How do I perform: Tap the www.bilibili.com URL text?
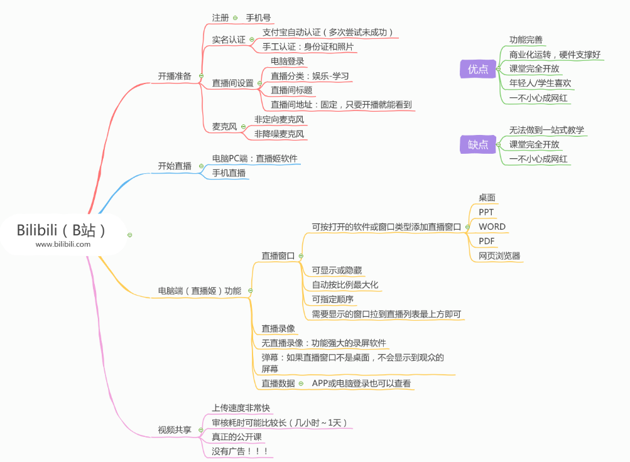(63, 244)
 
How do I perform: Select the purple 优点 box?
(478, 69)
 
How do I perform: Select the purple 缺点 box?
(478, 144)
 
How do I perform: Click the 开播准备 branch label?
(175, 76)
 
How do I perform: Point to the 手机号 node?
(258, 18)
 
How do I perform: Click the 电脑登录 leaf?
(288, 61)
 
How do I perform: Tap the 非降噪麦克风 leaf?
(279, 134)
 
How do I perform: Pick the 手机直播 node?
(229, 173)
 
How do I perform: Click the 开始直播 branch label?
(175, 166)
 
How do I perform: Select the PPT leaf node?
(486, 212)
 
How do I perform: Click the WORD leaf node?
(492, 227)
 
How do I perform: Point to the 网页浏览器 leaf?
(499, 256)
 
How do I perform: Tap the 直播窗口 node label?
(278, 255)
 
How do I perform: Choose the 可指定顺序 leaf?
(333, 299)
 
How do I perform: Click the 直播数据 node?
(278, 383)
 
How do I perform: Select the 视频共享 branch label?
(175, 430)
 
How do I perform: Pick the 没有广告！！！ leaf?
(241, 451)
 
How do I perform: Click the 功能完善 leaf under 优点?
(526, 40)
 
